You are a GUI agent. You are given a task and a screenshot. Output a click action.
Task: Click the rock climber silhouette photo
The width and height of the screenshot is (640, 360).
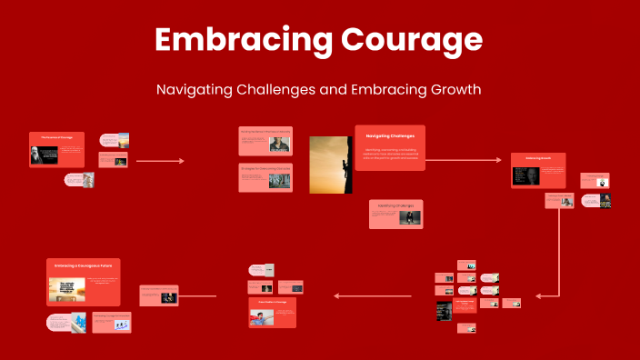pyautogui.click(x=330, y=165)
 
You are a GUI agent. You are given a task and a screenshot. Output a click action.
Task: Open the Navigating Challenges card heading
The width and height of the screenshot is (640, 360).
pyautogui.click(x=390, y=135)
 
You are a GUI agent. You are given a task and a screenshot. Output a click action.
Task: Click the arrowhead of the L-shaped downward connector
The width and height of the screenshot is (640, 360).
pyautogui.click(x=539, y=295)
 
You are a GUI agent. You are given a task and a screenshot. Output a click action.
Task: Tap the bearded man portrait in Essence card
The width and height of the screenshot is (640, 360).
pyautogui.click(x=35, y=155)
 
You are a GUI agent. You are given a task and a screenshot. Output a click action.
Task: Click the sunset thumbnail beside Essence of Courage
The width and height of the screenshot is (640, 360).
pyautogui.click(x=122, y=140)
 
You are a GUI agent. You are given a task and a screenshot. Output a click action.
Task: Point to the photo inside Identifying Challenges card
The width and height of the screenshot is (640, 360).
pyautogui.click(x=409, y=217)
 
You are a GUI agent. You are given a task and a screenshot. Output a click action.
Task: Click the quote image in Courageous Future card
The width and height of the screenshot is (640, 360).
pyautogui.click(x=67, y=290)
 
